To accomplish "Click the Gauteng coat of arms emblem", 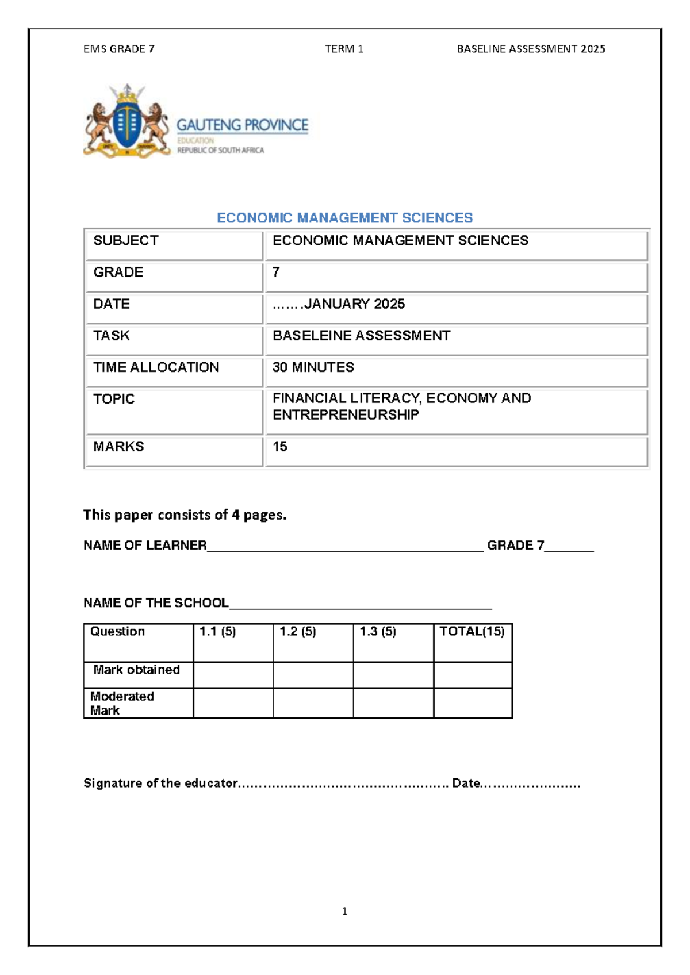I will coord(127,121).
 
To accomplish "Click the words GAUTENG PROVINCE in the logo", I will coord(242,125).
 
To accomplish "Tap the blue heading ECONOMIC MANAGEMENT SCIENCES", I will coord(344,218).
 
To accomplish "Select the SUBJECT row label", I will coord(126,241).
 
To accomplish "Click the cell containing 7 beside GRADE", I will coord(277,272).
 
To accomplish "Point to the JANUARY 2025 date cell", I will coord(339,304).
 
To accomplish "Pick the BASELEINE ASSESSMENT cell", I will coord(361,336).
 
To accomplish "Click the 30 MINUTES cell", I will coord(313,367).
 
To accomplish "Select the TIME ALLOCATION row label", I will coord(156,367).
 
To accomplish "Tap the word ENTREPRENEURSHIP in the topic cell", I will coord(346,415).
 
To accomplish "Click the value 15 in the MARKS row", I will coord(280,447).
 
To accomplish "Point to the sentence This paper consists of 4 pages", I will coord(185,515).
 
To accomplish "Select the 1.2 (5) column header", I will coord(298,632).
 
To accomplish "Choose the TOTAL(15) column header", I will coord(472,632).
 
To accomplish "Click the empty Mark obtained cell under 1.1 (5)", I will coord(233,675).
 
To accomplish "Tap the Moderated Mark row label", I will coord(122,703).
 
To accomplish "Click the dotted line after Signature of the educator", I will coord(344,784).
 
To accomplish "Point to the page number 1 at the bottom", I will coord(344,911).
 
